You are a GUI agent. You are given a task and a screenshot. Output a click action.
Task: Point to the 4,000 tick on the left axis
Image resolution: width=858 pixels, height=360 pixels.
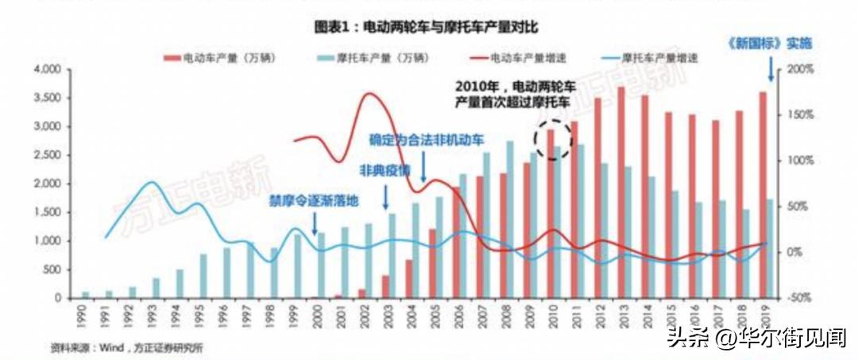[48, 70]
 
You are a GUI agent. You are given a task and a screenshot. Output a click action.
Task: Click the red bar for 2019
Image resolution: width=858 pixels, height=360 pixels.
[763, 195]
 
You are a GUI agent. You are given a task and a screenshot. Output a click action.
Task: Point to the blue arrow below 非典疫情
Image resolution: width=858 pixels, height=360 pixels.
[385, 196]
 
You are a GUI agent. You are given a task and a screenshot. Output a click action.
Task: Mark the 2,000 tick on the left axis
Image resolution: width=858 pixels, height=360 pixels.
[48, 184]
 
